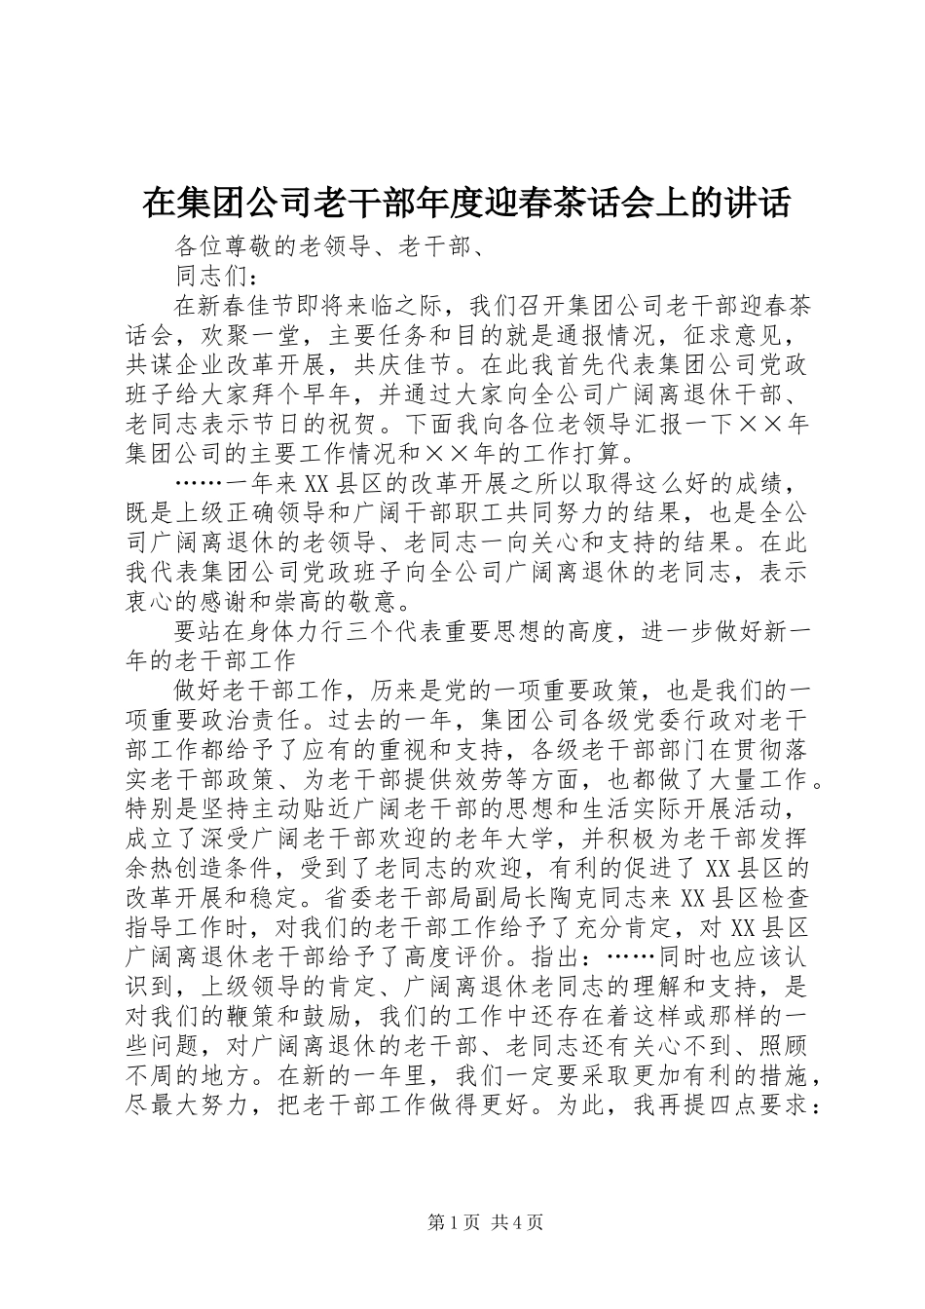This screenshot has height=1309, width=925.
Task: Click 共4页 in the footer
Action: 518,1222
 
